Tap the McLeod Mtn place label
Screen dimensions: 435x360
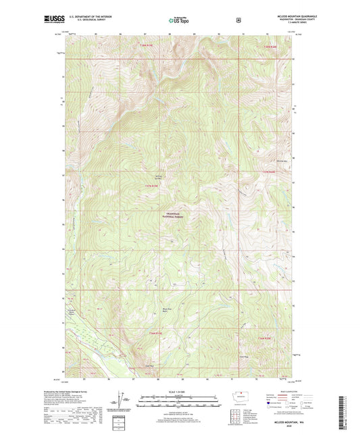click(282, 161)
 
